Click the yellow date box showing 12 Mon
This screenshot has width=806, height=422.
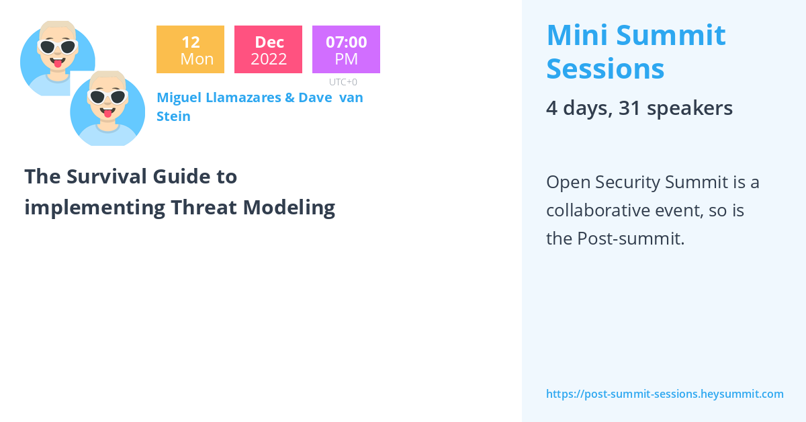point(190,50)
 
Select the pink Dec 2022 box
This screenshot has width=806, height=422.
point(268,50)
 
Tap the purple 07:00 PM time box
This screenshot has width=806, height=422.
point(346,50)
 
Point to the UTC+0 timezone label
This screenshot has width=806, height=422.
point(343,82)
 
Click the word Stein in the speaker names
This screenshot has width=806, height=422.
point(173,116)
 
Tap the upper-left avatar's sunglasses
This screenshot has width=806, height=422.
point(57,47)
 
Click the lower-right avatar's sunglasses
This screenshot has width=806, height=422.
point(107,97)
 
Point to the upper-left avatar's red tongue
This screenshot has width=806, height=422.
point(58,64)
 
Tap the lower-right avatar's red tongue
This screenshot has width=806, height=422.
point(107,114)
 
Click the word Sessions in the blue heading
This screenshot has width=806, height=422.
point(605,69)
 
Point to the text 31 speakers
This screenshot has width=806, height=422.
point(675,108)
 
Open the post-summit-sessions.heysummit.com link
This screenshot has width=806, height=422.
point(664,394)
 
